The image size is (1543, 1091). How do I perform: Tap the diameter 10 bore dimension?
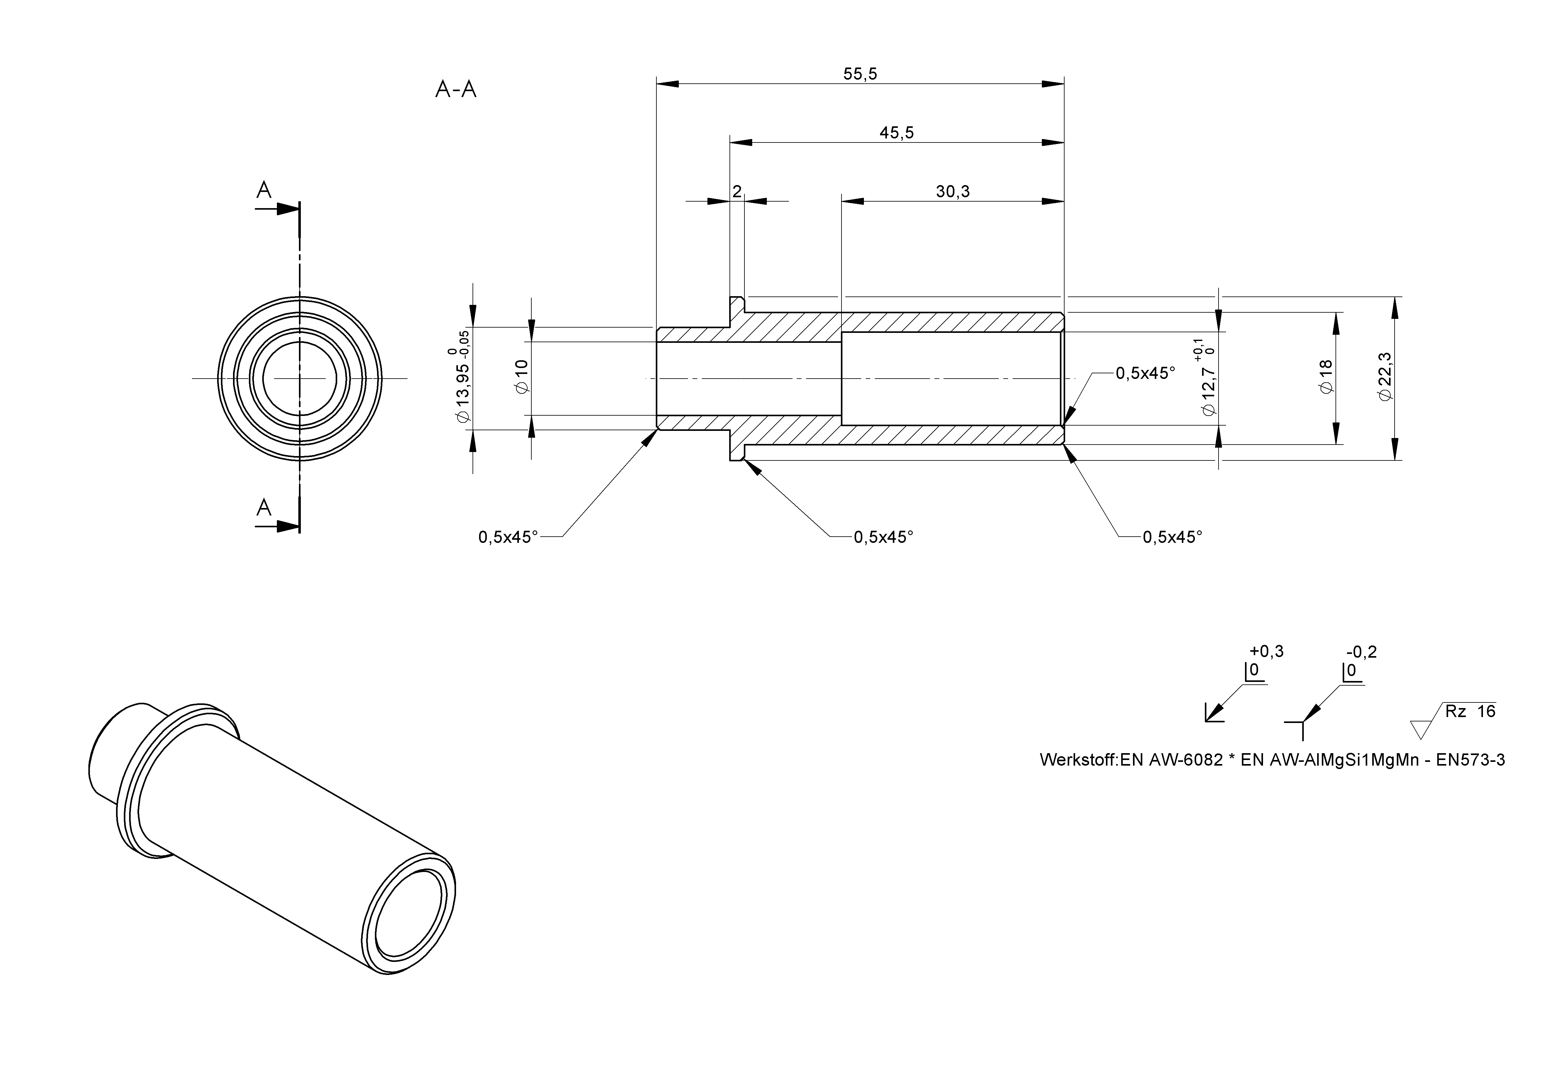click(521, 376)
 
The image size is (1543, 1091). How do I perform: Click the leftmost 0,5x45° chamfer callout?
click(508, 537)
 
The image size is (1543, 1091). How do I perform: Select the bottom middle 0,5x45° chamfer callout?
click(883, 537)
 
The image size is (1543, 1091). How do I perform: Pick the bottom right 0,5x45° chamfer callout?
click(1172, 537)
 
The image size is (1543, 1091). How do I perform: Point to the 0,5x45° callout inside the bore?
click(1145, 373)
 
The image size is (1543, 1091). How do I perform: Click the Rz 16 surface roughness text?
click(1470, 711)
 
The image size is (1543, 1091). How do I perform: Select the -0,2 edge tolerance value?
click(1362, 652)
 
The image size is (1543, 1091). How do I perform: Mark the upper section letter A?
click(264, 191)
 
